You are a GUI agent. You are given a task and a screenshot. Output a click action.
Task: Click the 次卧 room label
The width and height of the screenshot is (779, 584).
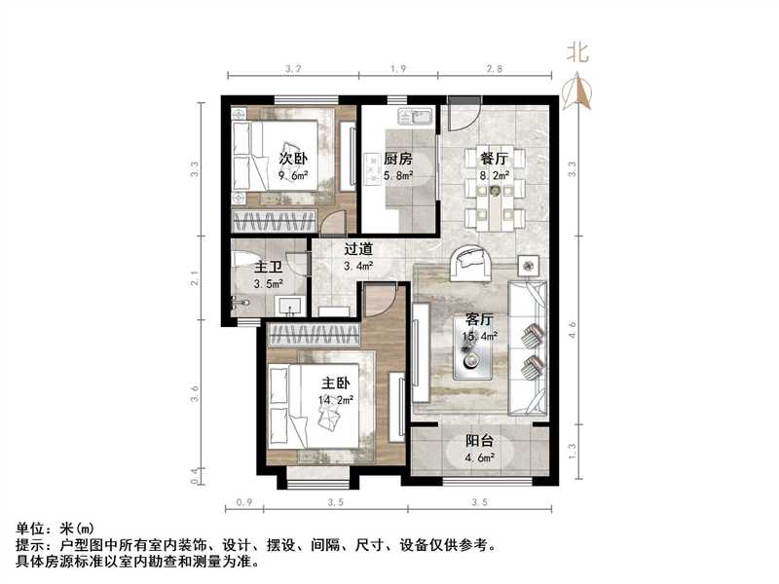tap(293, 159)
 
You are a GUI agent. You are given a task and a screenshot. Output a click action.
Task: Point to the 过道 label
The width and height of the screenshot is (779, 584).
tap(358, 248)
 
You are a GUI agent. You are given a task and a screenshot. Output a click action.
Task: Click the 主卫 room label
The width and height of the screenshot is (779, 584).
tap(268, 267)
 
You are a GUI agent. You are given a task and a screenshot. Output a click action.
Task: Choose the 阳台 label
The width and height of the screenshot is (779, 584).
tap(478, 440)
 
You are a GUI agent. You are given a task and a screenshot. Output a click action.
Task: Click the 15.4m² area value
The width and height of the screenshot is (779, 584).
tap(480, 337)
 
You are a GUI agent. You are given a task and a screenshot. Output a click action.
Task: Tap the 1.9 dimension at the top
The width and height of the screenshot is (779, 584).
tap(397, 68)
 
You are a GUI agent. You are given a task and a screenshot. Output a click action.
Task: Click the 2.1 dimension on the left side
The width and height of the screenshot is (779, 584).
tap(196, 281)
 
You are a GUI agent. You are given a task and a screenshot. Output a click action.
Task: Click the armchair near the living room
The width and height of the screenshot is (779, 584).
tap(470, 260)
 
